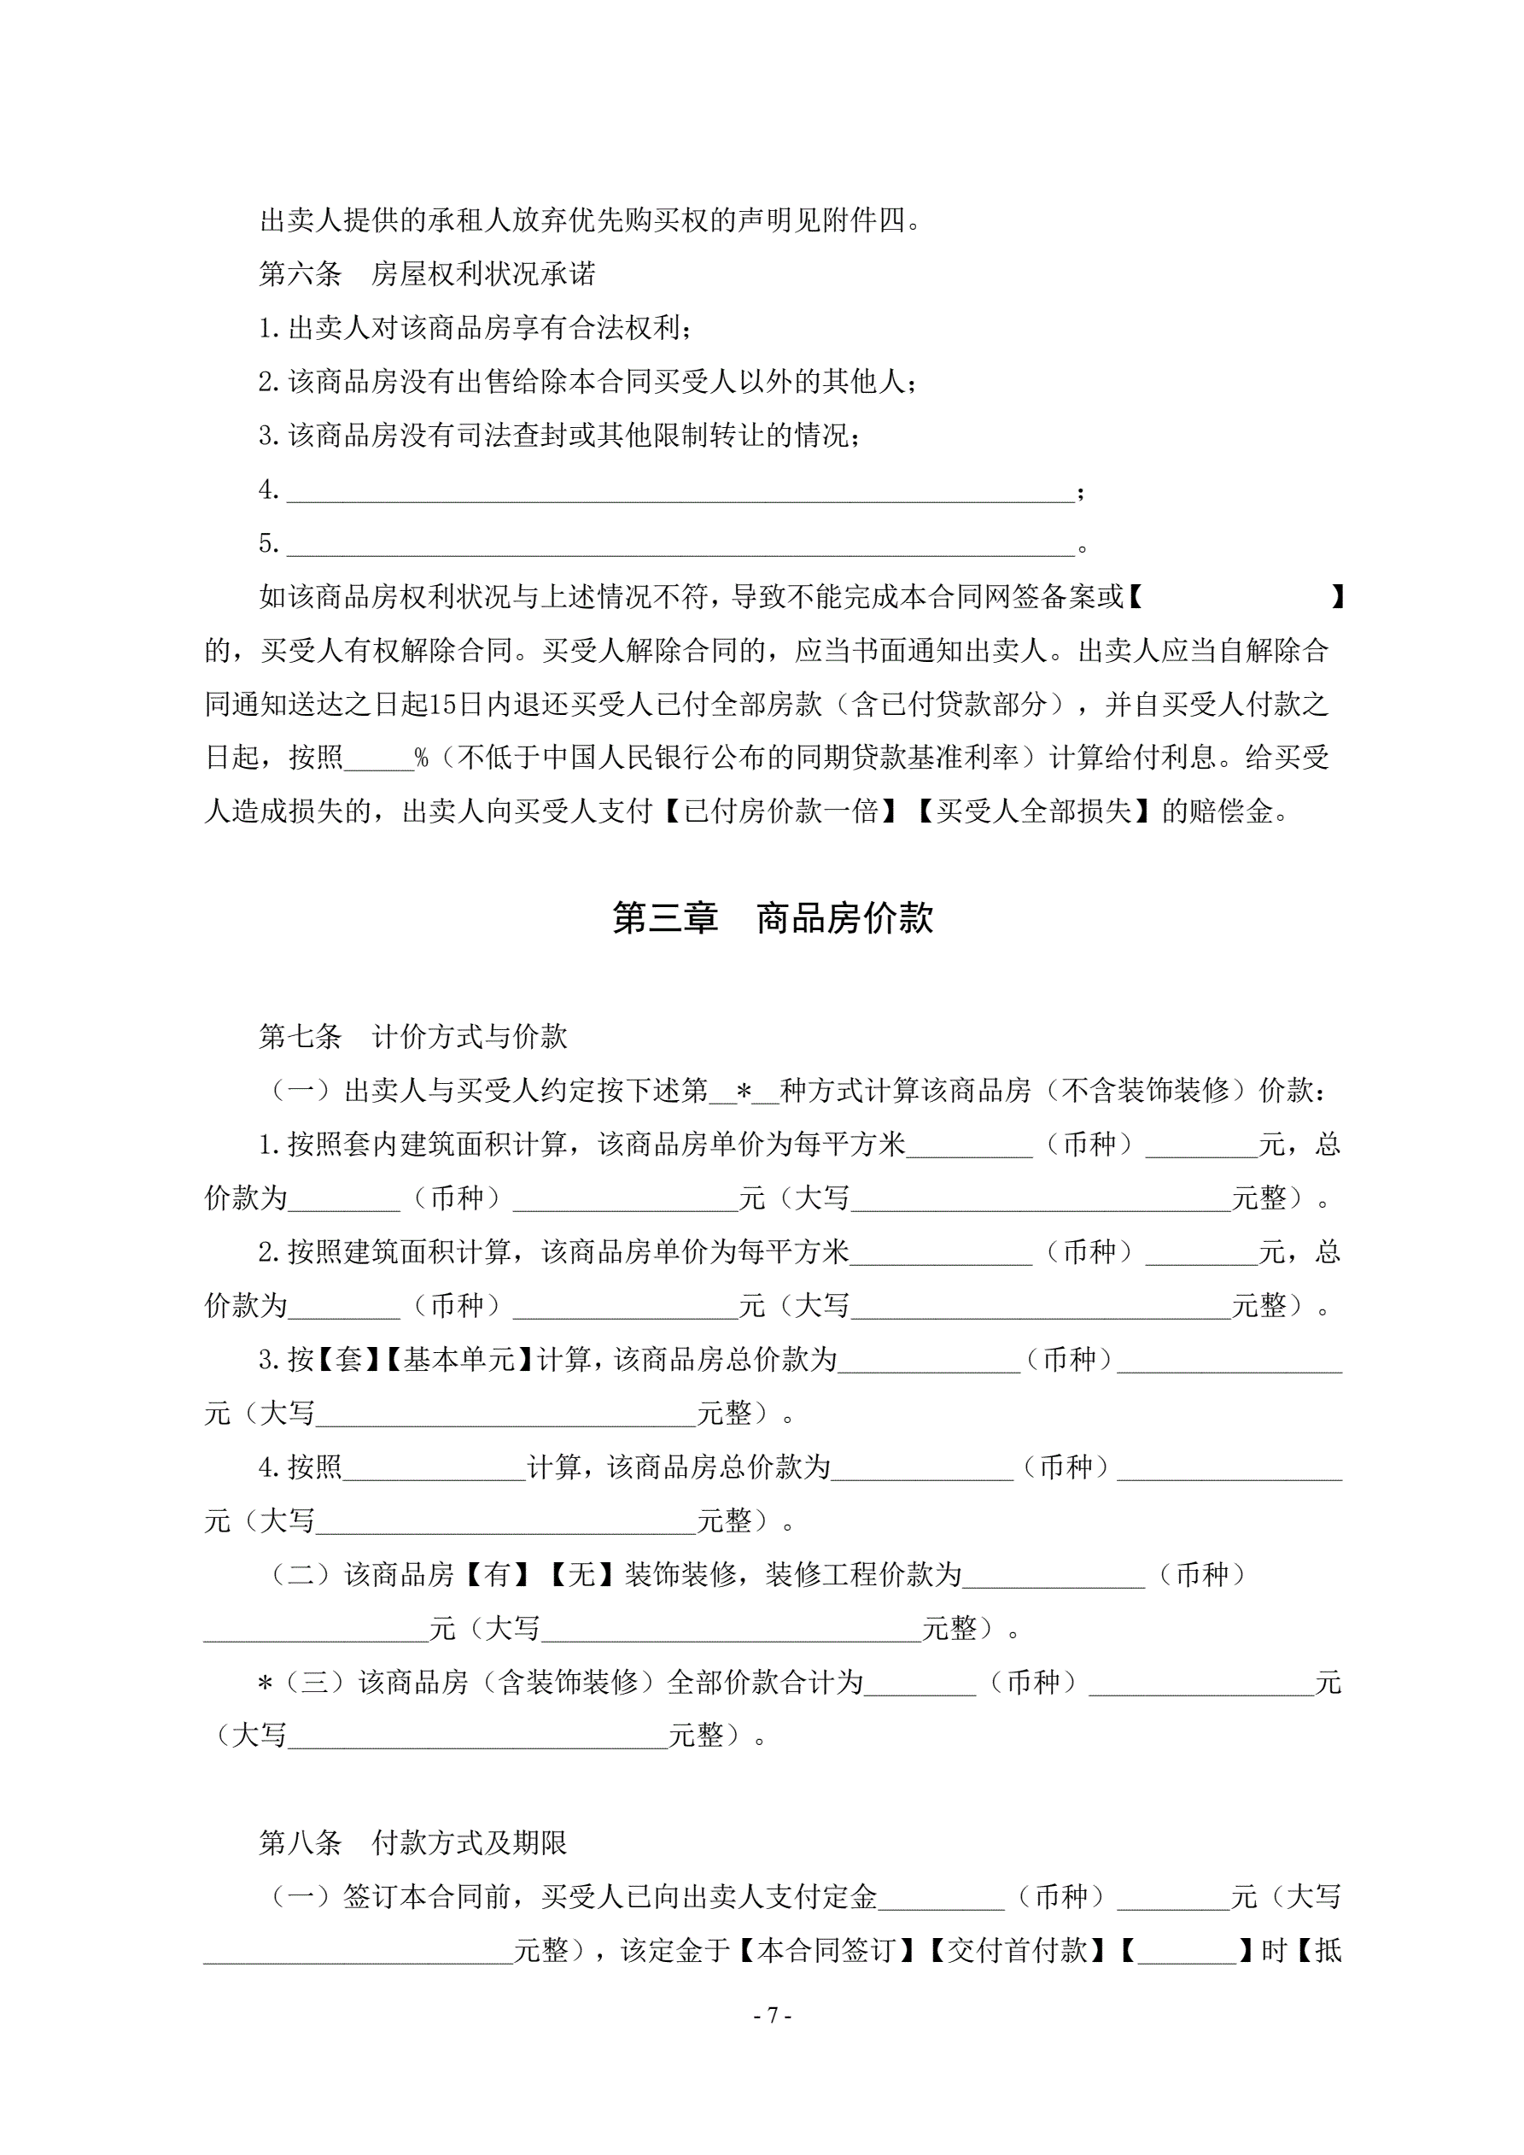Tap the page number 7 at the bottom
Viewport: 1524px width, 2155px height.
click(x=773, y=2015)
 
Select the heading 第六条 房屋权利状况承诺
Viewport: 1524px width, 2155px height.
click(x=427, y=274)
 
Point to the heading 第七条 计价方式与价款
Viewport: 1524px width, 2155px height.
click(x=413, y=1036)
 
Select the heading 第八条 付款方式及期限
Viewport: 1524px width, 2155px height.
click(x=413, y=1842)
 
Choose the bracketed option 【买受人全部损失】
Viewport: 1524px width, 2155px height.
click(x=1033, y=811)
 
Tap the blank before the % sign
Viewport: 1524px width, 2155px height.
click(x=379, y=758)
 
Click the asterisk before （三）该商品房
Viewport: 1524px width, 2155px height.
click(x=265, y=1683)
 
